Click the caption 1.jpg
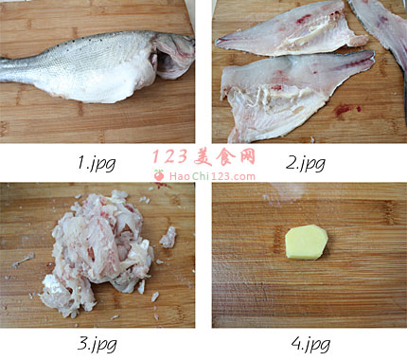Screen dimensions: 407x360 tap(97, 164)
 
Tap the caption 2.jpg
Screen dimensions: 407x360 tap(306, 164)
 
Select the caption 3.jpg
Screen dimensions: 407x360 tap(97, 344)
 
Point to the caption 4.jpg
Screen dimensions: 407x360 tap(310, 344)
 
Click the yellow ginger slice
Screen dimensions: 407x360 tap(307, 243)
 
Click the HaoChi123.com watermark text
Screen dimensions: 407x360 tap(212, 176)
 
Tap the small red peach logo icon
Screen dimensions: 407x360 tap(159, 175)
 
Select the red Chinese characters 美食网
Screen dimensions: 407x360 tap(224, 157)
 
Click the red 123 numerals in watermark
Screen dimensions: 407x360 tap(170, 157)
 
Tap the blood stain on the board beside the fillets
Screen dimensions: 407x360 tap(344, 110)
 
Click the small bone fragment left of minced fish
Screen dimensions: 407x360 tap(24, 260)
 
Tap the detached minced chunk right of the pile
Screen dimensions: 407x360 tap(168, 238)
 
